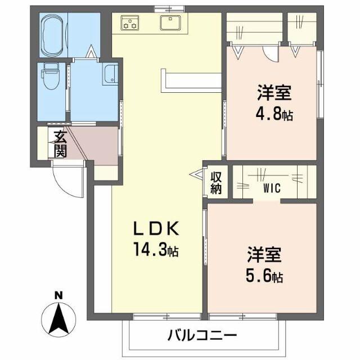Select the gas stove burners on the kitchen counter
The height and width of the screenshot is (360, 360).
tap(131, 23)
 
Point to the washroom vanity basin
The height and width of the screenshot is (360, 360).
tap(111, 74)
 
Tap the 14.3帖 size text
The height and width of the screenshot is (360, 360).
tap(155, 249)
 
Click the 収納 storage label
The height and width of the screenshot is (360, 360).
tap(216, 182)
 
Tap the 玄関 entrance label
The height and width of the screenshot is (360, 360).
tap(60, 144)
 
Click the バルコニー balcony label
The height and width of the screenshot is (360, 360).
tap(202, 336)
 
